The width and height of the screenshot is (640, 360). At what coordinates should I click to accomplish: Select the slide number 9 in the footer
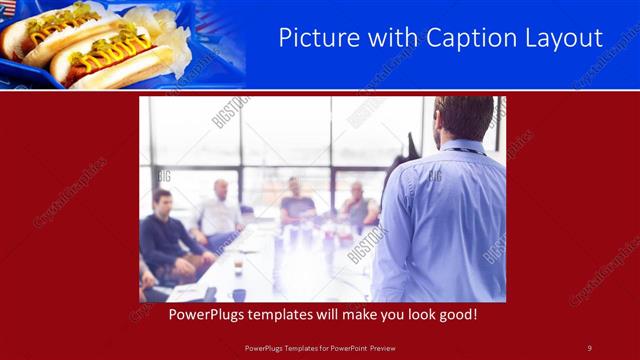coord(589,347)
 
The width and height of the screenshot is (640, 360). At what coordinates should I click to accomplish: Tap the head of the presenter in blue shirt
coord(463,118)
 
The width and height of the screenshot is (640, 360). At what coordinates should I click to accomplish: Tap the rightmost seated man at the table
coord(357,206)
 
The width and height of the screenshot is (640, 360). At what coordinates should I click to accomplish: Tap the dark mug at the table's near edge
coord(240,294)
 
